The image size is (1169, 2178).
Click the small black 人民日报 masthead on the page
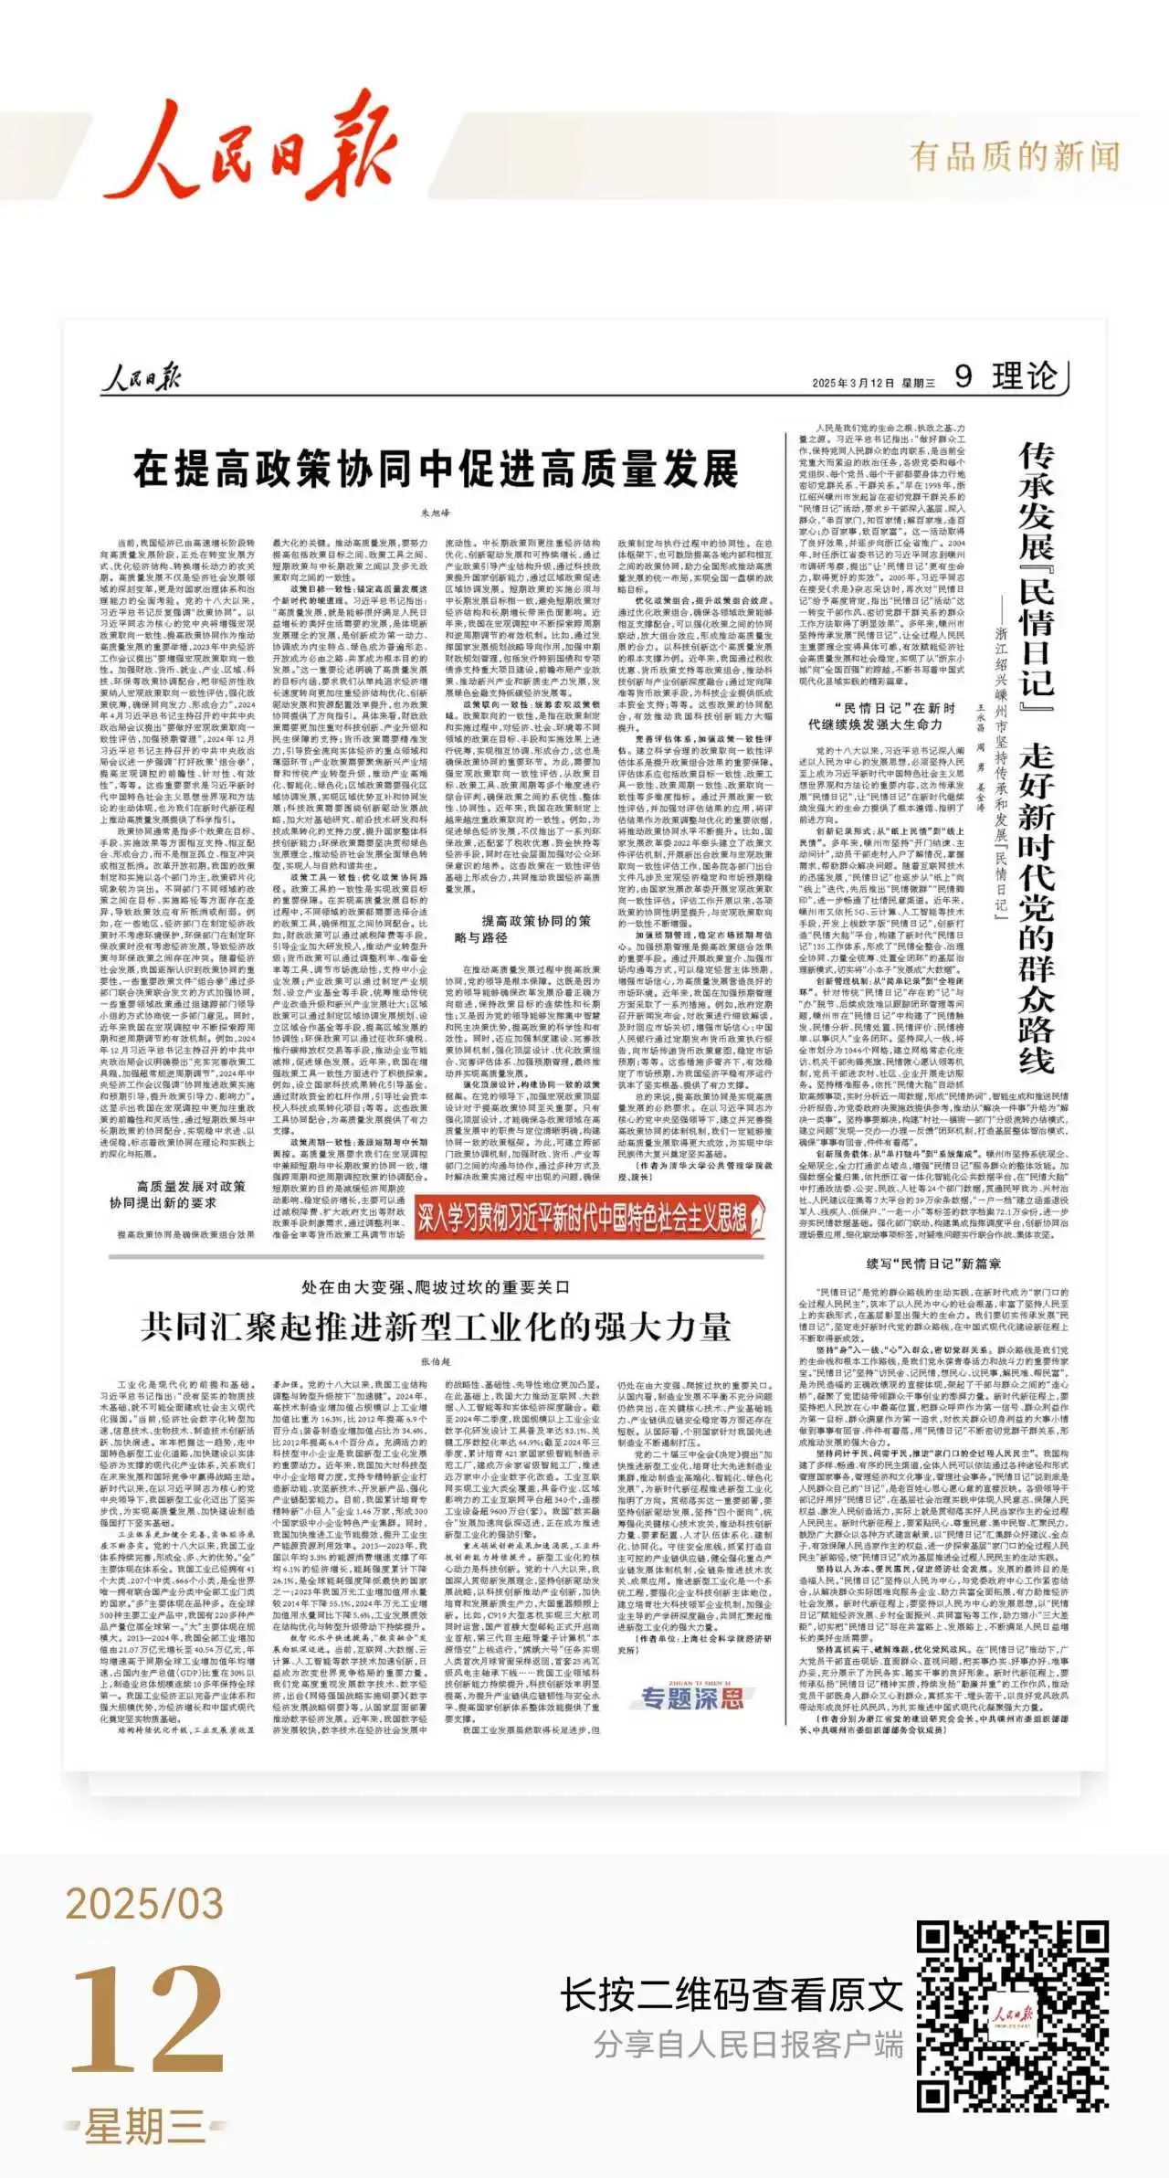[x=141, y=377]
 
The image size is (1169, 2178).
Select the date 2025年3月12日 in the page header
[x=852, y=383]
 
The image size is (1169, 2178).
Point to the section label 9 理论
[x=1005, y=375]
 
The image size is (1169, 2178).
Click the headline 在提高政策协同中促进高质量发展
[x=436, y=469]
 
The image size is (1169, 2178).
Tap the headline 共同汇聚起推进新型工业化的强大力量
[x=436, y=1327]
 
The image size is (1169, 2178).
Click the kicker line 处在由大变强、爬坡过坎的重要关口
[x=436, y=1286]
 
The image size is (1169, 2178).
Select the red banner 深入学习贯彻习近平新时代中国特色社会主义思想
[x=594, y=1217]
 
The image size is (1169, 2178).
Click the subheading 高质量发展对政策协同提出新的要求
[x=177, y=1194]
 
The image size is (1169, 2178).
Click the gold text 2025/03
[x=144, y=1904]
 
